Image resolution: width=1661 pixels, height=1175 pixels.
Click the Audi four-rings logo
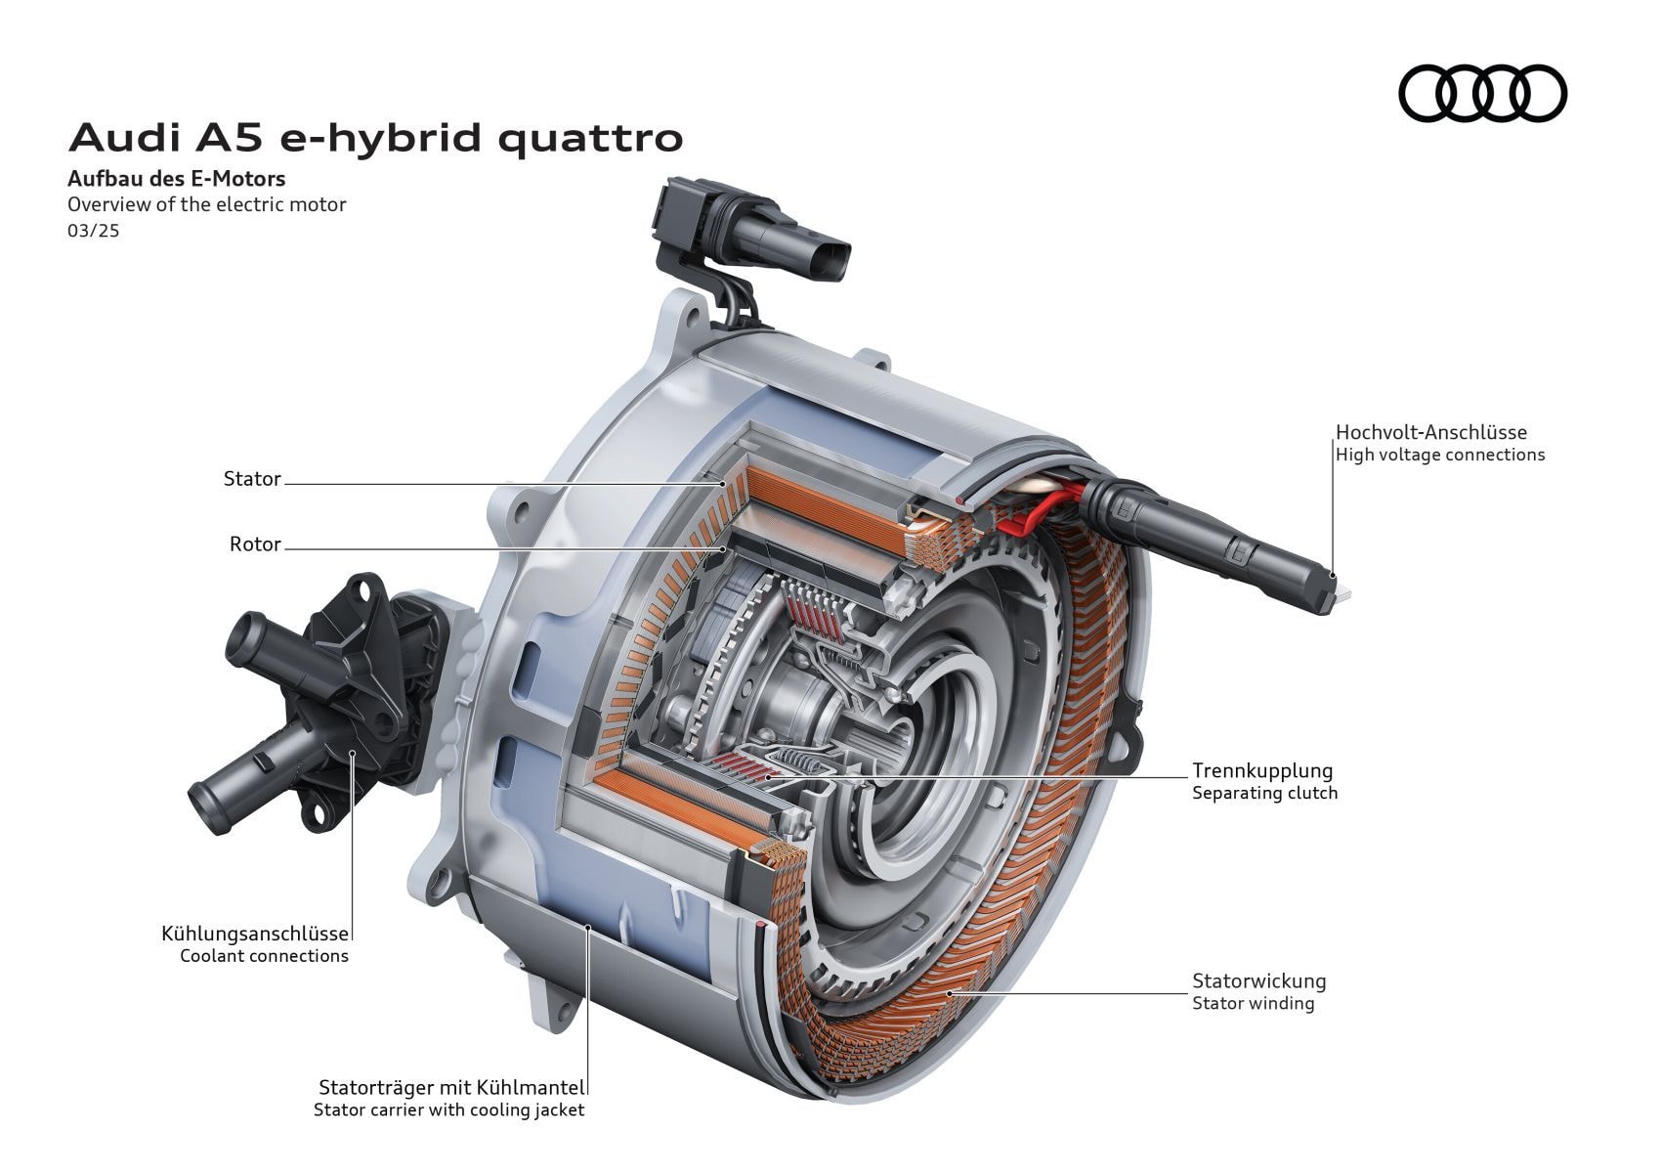pos(1482,94)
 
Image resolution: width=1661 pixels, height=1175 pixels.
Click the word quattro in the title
pos(590,138)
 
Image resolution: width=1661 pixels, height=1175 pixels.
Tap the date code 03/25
pos(93,232)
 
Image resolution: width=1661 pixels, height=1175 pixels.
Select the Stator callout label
pos(252,479)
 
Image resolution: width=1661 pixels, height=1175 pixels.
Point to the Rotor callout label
pos(255,544)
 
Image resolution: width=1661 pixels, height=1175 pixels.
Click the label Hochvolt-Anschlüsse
pos(1430,432)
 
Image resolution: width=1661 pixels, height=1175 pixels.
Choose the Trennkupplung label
pos(1261,770)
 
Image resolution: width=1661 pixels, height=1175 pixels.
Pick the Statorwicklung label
pos(1258,980)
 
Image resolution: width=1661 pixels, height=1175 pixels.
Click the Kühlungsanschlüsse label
pos(254,934)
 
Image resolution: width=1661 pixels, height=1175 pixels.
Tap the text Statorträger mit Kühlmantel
pos(451,1087)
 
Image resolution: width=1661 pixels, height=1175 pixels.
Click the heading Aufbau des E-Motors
pos(176,179)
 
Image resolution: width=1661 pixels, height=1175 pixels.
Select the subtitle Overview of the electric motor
pos(206,204)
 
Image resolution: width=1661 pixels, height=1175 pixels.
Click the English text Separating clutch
pos(1264,793)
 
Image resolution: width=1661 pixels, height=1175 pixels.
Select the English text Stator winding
pos(1253,1003)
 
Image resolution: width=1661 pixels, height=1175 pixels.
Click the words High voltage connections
pos(1439,455)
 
